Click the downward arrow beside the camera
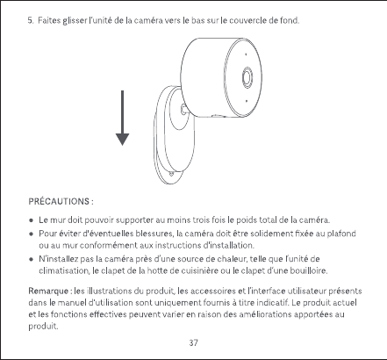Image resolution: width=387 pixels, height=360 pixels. tap(122, 118)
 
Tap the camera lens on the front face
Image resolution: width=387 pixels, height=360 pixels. tap(247, 77)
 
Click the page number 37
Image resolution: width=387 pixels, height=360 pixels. tap(193, 342)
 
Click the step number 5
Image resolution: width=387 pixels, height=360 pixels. tap(31, 20)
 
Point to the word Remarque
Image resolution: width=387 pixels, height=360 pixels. tap(48, 292)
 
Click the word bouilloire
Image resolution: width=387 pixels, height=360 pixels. tap(308, 270)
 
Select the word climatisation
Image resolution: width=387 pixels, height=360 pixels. tap(63, 270)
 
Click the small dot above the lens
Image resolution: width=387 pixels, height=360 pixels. tap(246, 54)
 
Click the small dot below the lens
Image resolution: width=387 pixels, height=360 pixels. tap(247, 101)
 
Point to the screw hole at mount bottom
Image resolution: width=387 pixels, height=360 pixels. tap(171, 174)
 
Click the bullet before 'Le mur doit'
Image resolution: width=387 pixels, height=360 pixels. tap(31, 220)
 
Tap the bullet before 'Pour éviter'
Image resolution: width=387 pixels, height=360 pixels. tap(31, 234)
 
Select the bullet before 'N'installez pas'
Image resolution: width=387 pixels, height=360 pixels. tap(31, 259)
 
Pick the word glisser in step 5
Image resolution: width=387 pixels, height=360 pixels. tap(75, 21)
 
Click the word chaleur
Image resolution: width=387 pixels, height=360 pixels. tap(233, 259)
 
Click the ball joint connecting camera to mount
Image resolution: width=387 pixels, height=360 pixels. tap(184, 109)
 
